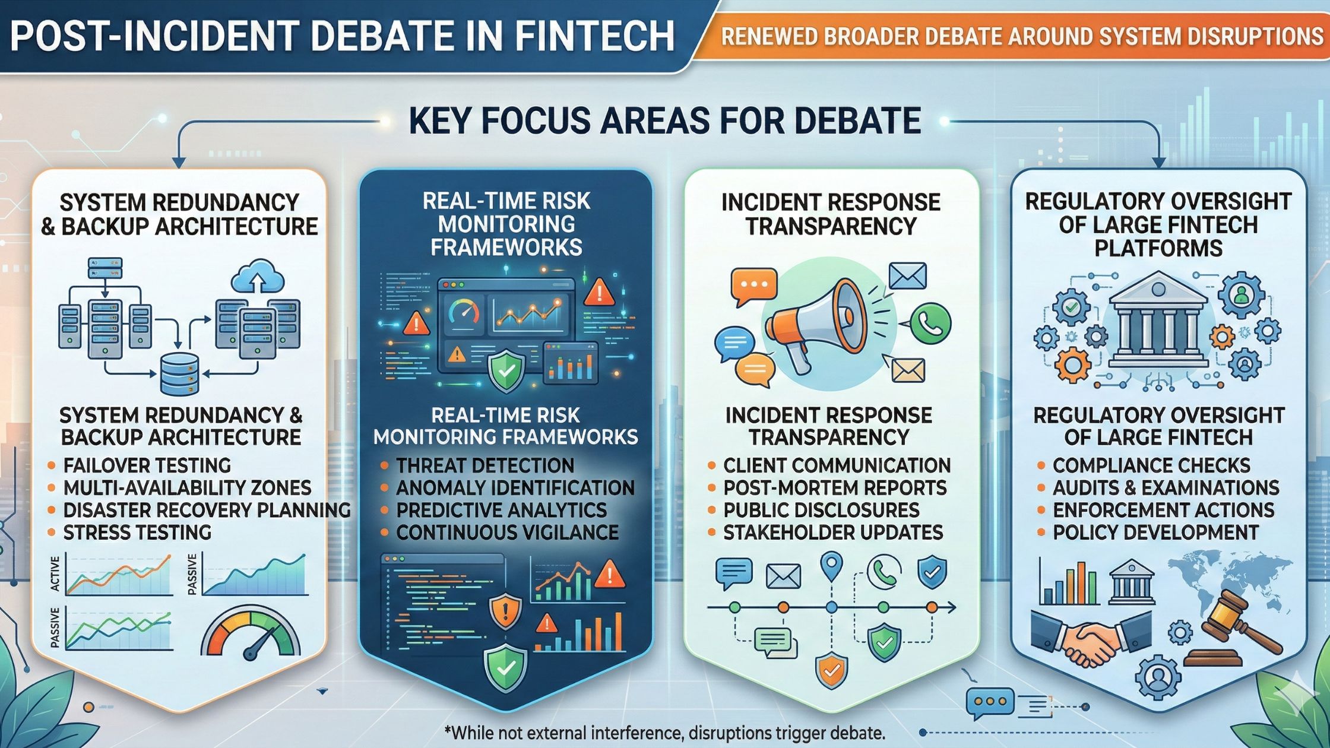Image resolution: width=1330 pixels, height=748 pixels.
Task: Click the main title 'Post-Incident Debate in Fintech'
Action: (x=343, y=36)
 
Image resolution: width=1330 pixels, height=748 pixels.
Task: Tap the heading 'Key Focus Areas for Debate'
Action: (x=665, y=121)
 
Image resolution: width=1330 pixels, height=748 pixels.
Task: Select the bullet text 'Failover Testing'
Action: (x=147, y=465)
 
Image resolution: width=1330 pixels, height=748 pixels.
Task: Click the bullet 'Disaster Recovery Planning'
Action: (x=207, y=510)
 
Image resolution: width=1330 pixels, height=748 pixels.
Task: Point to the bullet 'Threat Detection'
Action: (x=485, y=465)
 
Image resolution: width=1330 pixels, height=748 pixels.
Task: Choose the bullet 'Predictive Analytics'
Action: (x=501, y=510)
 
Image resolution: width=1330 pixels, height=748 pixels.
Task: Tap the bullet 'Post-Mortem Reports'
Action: (x=835, y=487)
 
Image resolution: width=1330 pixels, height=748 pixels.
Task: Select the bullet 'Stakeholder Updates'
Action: (x=833, y=533)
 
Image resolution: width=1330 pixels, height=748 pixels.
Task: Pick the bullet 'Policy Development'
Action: (x=1155, y=533)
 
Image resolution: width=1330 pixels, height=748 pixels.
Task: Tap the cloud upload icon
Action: (x=258, y=275)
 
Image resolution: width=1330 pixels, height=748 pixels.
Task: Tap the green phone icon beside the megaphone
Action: (x=930, y=324)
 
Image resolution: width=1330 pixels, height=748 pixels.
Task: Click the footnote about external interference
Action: (x=664, y=732)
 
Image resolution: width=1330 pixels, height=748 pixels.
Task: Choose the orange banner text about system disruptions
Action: (x=1022, y=37)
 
